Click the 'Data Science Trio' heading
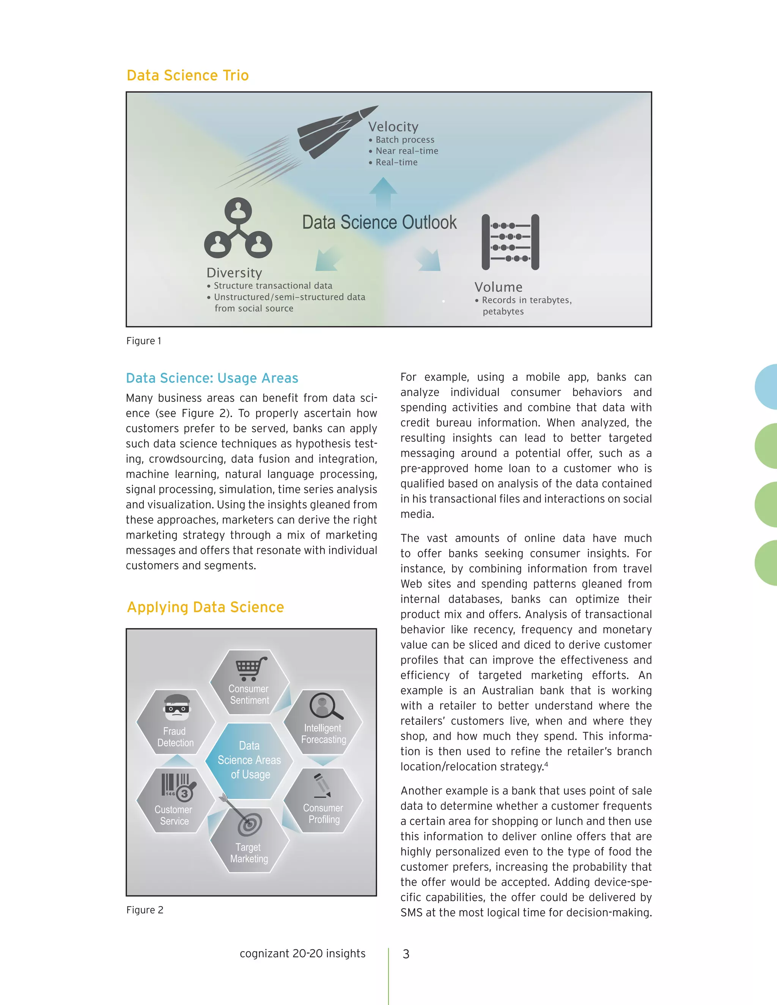click(187, 75)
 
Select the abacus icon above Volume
click(510, 242)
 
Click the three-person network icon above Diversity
click(238, 229)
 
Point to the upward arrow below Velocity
click(383, 193)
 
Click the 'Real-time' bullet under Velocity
click(396, 162)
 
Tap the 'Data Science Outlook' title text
click(379, 222)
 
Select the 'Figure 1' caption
click(144, 341)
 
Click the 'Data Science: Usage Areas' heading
click(212, 378)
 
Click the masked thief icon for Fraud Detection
click(177, 707)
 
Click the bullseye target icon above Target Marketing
click(249, 824)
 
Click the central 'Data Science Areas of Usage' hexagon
click(249, 760)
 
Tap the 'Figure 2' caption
click(145, 910)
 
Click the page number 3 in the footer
click(406, 954)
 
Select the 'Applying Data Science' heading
click(205, 608)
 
